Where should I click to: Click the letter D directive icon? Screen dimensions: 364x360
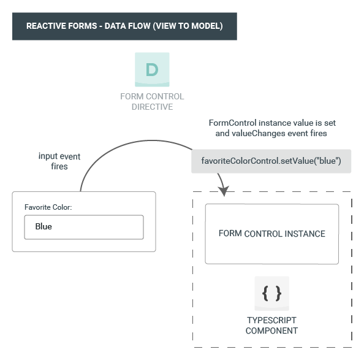(x=152, y=69)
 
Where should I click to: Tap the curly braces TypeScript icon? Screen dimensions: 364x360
(x=271, y=293)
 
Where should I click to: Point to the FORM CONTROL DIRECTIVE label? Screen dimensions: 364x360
(x=152, y=101)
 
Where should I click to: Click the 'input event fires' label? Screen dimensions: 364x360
(x=59, y=161)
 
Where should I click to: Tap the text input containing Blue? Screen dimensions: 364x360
(x=84, y=227)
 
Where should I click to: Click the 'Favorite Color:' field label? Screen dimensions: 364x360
(x=48, y=207)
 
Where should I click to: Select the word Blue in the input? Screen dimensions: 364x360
(x=44, y=226)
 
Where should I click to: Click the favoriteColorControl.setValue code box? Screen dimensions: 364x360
(x=271, y=161)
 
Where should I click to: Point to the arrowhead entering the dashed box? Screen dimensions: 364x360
(x=224, y=191)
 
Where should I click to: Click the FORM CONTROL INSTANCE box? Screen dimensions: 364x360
(x=272, y=234)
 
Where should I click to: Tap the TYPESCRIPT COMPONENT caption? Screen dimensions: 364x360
(x=271, y=326)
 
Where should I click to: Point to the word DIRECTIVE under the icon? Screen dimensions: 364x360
(x=152, y=107)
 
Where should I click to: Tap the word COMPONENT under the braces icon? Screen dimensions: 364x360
(x=271, y=331)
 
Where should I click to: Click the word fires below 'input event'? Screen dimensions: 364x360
(x=59, y=167)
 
